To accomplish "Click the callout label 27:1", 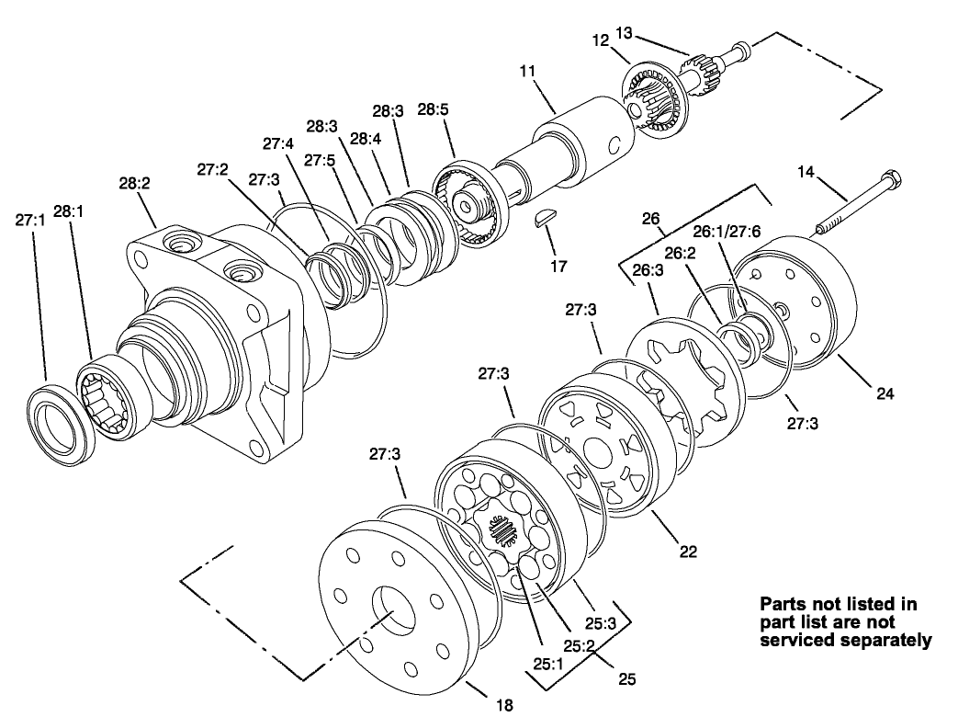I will (x=30, y=220).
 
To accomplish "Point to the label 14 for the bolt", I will (x=806, y=171).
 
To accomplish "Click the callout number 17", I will (x=558, y=267).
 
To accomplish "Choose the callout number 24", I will (x=884, y=394).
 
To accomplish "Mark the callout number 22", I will (x=687, y=552).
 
